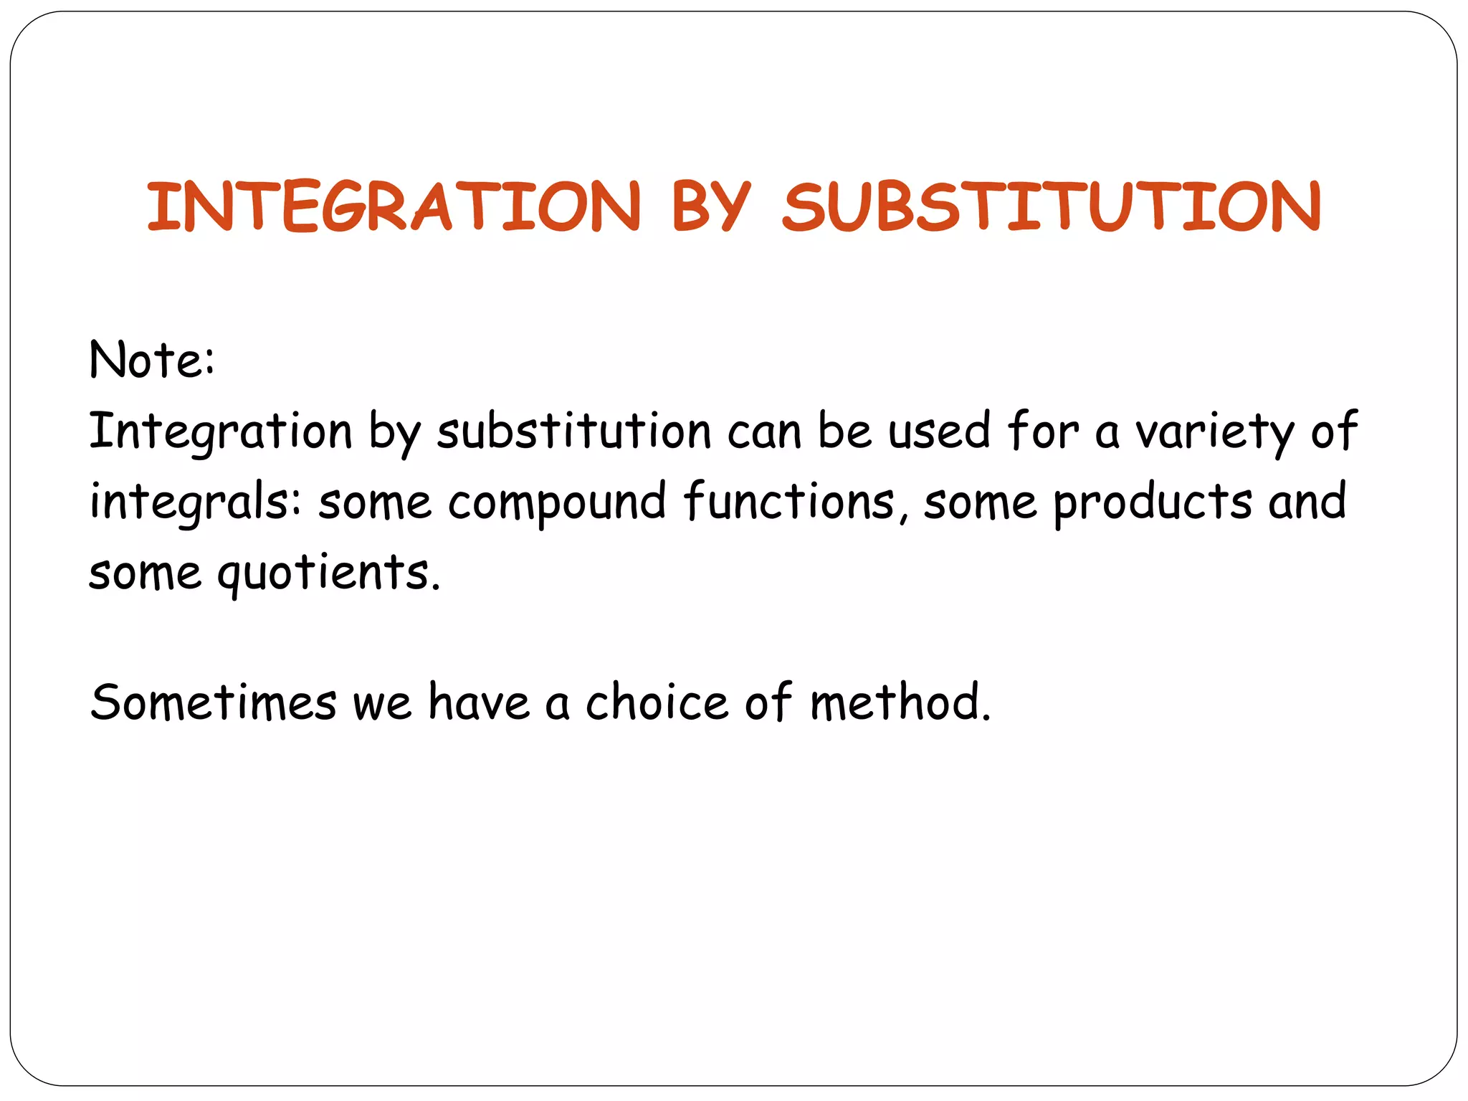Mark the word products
click(x=1153, y=502)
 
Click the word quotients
click(x=328, y=573)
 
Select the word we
click(x=382, y=702)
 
